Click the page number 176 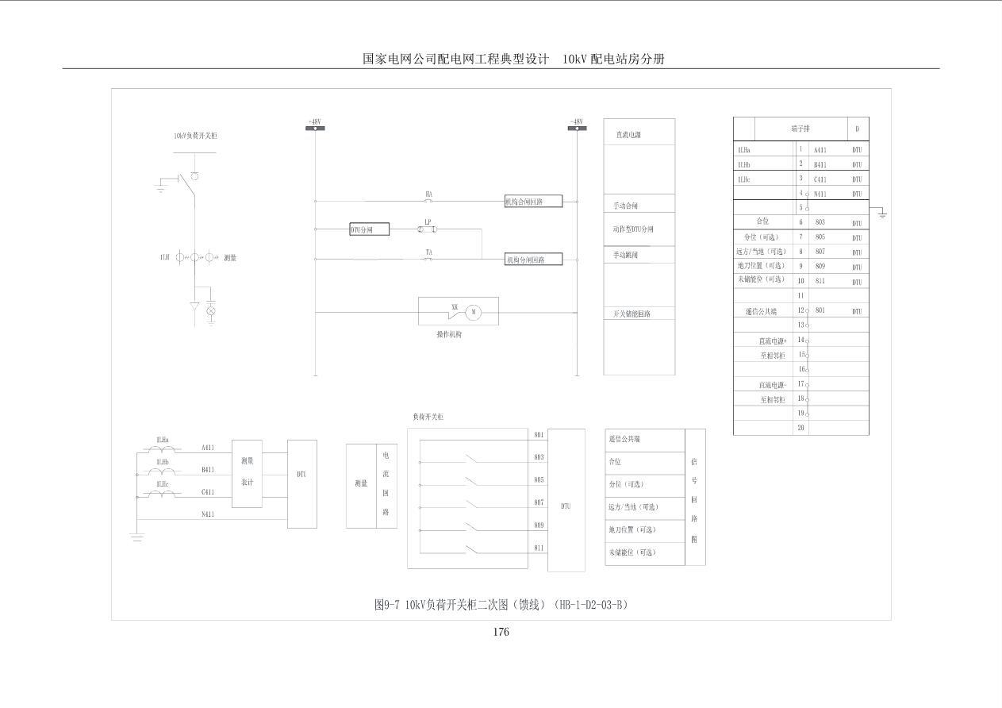click(x=501, y=632)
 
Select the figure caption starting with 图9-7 click(x=501, y=605)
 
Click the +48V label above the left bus click(x=314, y=121)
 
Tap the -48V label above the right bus click(x=577, y=121)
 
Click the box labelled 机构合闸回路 click(x=534, y=202)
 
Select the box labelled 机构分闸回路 click(x=534, y=260)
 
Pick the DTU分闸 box click(x=370, y=229)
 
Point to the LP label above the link click(x=428, y=221)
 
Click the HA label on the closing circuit click(x=428, y=194)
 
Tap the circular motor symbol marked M click(x=474, y=312)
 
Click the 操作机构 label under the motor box click(x=449, y=335)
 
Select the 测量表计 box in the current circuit click(x=247, y=472)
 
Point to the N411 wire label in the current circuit click(x=208, y=514)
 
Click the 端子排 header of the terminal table click(x=800, y=129)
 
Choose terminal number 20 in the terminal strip click(x=801, y=428)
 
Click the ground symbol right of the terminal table click(x=881, y=214)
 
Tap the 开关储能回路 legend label click(x=632, y=314)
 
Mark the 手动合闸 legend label click(x=626, y=206)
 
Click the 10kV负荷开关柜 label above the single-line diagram click(x=195, y=136)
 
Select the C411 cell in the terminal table click(x=820, y=179)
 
